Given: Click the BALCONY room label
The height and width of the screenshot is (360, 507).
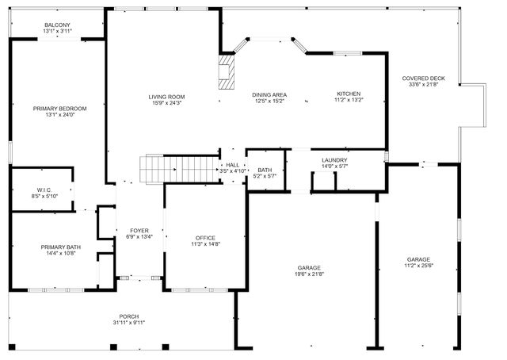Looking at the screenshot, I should click(57, 25).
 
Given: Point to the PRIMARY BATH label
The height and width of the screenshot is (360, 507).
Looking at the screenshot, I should click(59, 247).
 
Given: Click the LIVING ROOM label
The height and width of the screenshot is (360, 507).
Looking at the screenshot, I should click(166, 97).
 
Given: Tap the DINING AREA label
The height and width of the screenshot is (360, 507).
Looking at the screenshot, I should click(269, 95).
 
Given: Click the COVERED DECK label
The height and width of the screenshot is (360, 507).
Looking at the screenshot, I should click(423, 79).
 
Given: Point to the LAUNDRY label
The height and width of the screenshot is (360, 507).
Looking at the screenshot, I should click(334, 160).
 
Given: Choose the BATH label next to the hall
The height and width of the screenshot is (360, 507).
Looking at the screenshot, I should click(265, 170).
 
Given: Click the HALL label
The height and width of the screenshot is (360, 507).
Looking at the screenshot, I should click(232, 164).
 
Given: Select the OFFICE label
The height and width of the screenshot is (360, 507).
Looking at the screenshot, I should click(205, 238).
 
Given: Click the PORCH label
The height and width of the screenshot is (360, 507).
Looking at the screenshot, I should click(129, 316).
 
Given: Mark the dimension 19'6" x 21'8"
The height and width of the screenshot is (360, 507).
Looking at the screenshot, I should click(311, 274).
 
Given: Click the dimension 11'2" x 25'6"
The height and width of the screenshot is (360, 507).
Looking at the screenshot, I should click(418, 266).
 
